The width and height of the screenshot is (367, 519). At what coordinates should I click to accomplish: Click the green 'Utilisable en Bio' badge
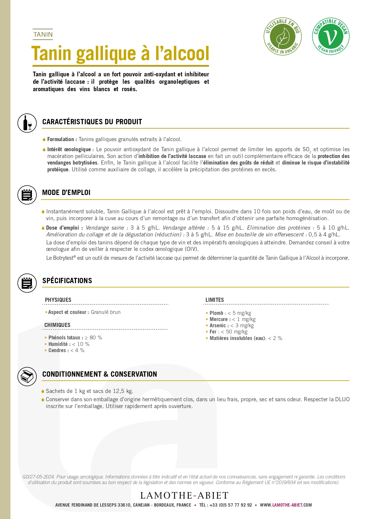coord(282,36)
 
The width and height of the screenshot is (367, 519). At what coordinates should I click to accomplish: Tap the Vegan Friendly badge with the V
coord(331,36)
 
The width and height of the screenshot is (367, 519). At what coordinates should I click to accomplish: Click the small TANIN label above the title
coord(43,35)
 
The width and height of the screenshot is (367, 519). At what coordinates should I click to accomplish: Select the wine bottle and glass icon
coord(27,123)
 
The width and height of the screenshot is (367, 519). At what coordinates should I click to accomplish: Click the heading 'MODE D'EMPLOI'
coord(66,193)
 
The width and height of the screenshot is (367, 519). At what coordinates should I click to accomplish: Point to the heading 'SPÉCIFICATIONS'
coord(67,281)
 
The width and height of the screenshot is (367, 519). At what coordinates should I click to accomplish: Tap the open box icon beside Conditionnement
coord(27,376)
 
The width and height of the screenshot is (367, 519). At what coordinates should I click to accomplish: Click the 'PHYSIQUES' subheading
coord(58,300)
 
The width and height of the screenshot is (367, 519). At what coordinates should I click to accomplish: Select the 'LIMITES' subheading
coord(215,300)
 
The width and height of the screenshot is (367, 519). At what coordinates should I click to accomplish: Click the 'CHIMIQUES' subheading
coord(57,325)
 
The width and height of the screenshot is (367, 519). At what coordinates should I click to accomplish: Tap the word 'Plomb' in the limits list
coord(216,313)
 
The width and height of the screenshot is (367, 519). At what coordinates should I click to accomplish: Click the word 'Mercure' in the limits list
coord(219,319)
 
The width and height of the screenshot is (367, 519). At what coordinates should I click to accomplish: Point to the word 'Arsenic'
coord(218,325)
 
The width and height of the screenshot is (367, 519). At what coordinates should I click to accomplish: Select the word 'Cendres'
coord(57,350)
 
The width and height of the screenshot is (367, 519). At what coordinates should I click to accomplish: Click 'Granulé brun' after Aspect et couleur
coord(106,312)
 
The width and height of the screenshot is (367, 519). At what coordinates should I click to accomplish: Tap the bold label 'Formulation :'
coord(62,139)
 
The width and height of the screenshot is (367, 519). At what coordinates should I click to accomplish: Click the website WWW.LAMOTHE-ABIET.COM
coord(286,505)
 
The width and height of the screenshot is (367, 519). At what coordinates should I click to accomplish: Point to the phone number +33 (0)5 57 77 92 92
coord(231,505)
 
